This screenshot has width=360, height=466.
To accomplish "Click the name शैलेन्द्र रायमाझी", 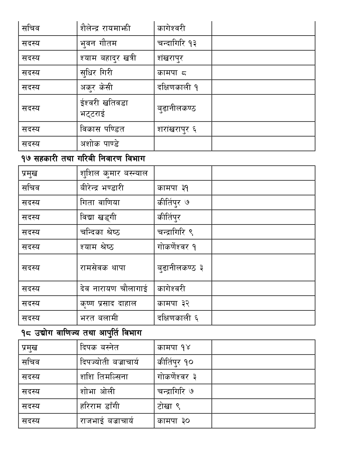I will tap(105, 28).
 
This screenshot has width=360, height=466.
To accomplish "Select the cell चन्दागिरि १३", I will tap(177, 43).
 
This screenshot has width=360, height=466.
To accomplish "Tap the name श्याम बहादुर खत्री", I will tap(108, 58).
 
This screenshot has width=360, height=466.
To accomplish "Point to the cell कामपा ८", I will tap(172, 73).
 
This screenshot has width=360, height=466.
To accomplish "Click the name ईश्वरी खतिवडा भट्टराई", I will tap(104, 108).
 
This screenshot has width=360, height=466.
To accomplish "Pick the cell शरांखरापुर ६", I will tap(177, 129).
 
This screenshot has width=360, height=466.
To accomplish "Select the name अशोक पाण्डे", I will tap(99, 144).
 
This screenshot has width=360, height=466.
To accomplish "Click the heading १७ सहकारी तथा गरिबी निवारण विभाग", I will tap(83, 159).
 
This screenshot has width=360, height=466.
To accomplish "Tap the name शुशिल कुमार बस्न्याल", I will tap(114, 173).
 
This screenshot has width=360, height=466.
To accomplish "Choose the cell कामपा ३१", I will tap(173, 188).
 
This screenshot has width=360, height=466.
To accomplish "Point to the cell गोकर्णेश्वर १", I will tap(177, 247).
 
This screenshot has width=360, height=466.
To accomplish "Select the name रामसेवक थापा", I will tap(103, 267).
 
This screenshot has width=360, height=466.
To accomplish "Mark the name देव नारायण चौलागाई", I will tap(114, 289).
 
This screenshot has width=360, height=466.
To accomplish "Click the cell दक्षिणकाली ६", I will tap(178, 318).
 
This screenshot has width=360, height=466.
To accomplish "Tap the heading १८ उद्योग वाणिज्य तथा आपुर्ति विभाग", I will tap(81, 333).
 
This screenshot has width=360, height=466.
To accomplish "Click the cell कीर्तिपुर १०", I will tap(175, 362).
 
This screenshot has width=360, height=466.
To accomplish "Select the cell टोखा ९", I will tap(169, 406).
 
